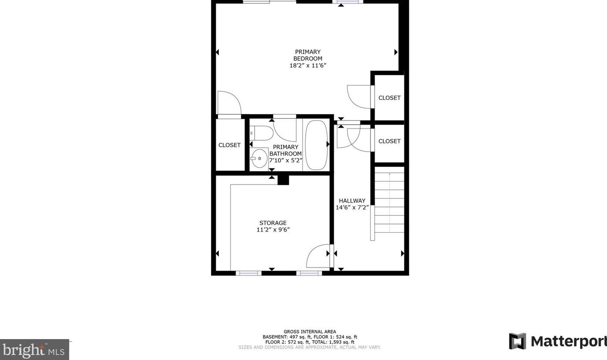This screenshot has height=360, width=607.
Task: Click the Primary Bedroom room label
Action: pos(307,55)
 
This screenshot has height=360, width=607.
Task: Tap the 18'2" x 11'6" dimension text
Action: pos(307,66)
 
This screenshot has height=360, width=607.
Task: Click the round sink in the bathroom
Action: pos(260,159)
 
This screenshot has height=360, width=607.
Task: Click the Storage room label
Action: pos(273,223)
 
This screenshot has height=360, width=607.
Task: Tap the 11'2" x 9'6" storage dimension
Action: pos(273,230)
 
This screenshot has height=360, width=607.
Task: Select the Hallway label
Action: pos(352,201)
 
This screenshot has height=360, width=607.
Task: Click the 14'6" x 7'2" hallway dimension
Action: pos(352,208)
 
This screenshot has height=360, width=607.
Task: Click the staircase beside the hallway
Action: pos(389,202)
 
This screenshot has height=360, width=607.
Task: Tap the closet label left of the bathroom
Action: pos(229,145)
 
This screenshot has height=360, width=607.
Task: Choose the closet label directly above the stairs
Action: pos(389,141)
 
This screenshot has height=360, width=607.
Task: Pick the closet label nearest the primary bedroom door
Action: pos(389,98)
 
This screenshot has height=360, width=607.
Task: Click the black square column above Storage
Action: pos(283,179)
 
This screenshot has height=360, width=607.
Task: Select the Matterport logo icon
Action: pos(517,341)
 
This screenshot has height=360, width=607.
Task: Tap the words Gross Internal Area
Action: pos(310,332)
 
